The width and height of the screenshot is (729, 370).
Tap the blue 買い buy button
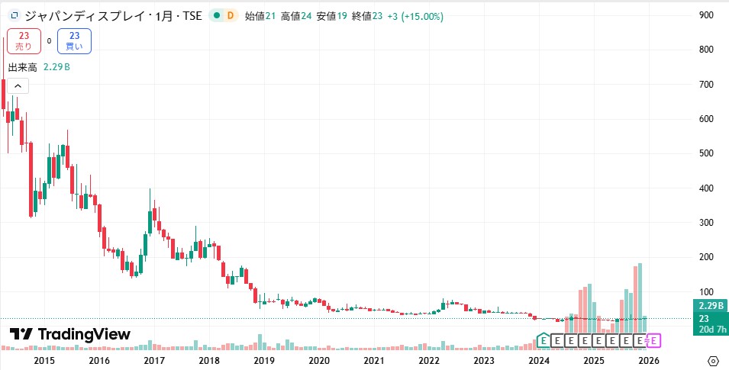coord(74,40)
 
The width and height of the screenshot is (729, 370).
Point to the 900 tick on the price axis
coord(706,15)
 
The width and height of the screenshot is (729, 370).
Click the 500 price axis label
coord(706,153)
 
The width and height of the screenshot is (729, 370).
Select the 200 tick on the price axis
coord(706,257)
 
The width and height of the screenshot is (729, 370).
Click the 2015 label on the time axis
coord(44,360)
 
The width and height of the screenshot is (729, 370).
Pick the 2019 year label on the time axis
coord(264,360)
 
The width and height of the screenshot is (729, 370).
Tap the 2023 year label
coord(483,360)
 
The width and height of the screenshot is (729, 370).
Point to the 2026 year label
coord(648,360)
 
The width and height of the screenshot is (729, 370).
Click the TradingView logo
coord(70,334)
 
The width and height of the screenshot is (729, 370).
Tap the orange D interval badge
coord(230,16)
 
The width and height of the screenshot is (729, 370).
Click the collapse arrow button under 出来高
coord(17,85)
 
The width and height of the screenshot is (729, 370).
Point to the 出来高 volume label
coord(22,67)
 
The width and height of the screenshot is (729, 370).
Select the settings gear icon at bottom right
coord(713,360)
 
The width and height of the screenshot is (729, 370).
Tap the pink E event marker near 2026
coord(655,339)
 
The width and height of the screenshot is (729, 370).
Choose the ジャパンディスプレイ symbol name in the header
coord(84,16)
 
